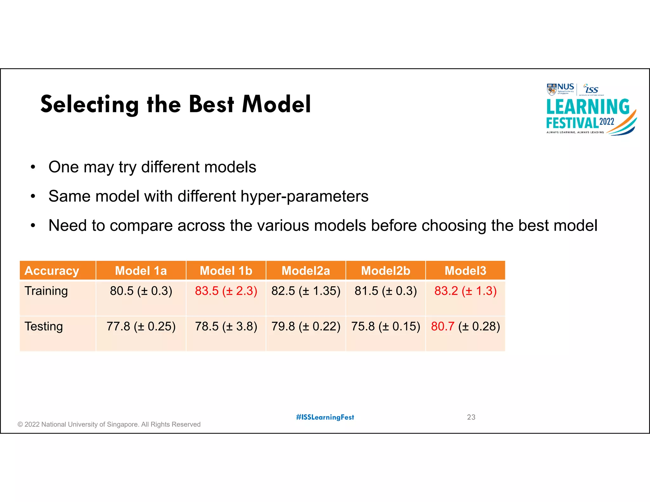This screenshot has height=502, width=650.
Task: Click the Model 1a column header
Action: tap(141, 271)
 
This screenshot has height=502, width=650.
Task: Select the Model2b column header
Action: tap(385, 271)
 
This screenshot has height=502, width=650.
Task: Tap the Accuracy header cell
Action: tap(52, 271)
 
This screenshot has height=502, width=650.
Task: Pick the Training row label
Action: tap(46, 291)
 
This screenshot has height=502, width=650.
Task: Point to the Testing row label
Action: tap(43, 327)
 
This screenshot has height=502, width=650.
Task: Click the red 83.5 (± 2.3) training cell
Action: tap(226, 291)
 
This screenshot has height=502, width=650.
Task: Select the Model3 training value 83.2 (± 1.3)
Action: tap(465, 291)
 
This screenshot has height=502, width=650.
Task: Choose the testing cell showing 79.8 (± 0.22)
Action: tap(306, 327)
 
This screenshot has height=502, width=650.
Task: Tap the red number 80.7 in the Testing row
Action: tap(442, 327)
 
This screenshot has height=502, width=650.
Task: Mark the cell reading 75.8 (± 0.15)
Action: tap(385, 327)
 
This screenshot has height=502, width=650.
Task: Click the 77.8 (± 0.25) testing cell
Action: tap(141, 327)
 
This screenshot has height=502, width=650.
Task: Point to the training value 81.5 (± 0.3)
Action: tap(385, 291)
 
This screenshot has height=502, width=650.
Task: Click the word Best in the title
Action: tap(211, 104)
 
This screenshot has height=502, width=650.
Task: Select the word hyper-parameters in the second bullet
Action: tap(304, 196)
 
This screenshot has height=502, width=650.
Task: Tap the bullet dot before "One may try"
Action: tap(33, 167)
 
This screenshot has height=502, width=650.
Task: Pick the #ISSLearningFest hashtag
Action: tap(325, 417)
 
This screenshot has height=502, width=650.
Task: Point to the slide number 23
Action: tap(471, 417)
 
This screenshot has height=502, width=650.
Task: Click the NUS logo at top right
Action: tap(560, 89)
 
